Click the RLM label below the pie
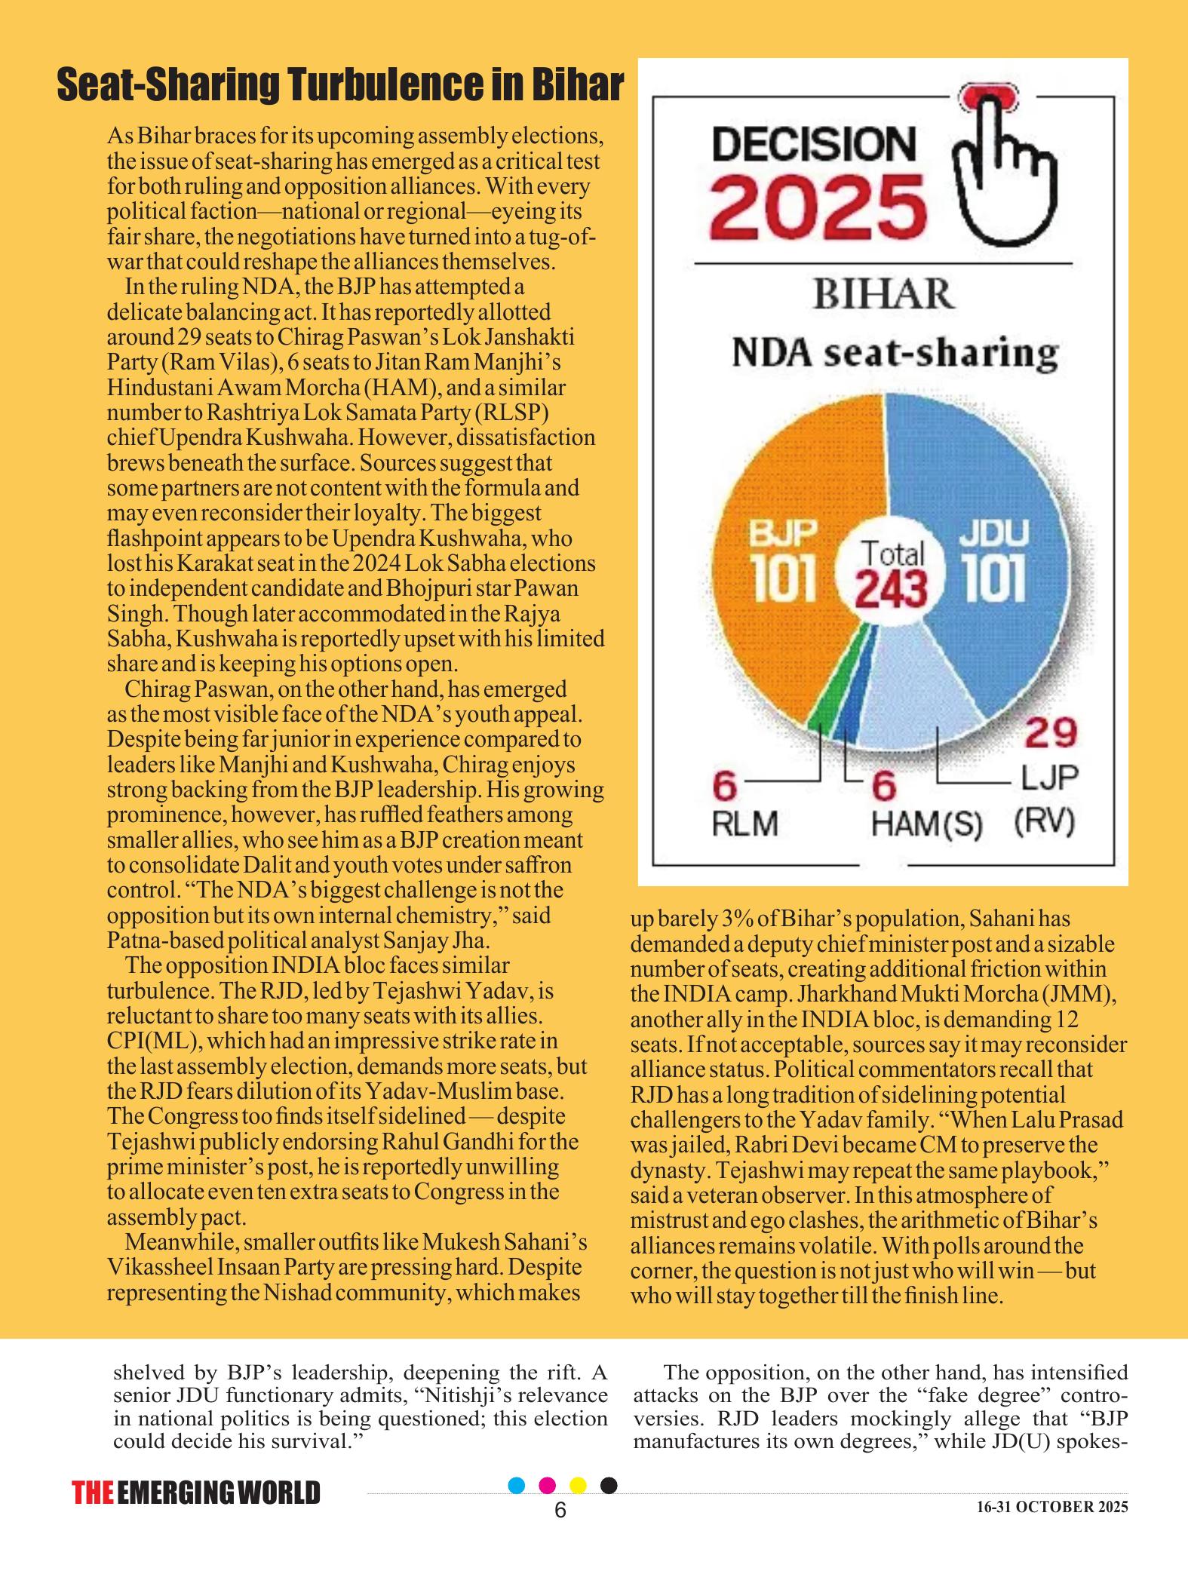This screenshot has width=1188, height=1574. pyautogui.click(x=745, y=823)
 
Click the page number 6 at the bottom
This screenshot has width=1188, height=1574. pyautogui.click(x=560, y=1511)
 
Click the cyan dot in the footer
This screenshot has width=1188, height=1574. pyautogui.click(x=517, y=1485)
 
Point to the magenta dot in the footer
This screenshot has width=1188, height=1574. pyautogui.click(x=548, y=1485)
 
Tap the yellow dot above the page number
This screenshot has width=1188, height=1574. pyautogui.click(x=579, y=1485)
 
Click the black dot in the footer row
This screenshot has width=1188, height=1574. pyautogui.click(x=609, y=1485)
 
